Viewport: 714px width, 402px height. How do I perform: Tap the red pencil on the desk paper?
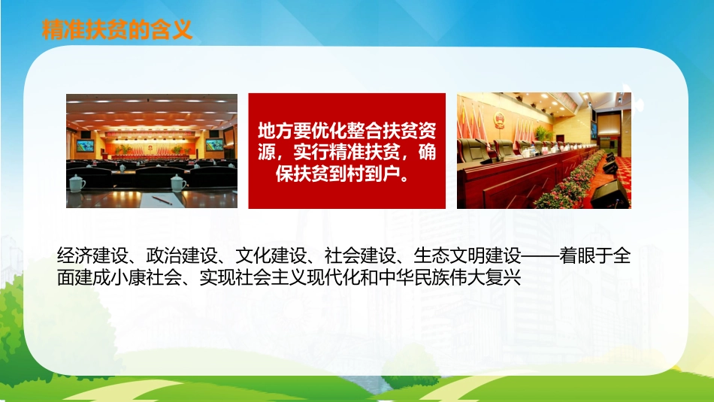162,200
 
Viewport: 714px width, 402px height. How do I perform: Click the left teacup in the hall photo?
77,183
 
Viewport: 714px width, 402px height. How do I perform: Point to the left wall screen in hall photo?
85,145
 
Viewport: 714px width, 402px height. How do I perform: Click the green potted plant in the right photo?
542,134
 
